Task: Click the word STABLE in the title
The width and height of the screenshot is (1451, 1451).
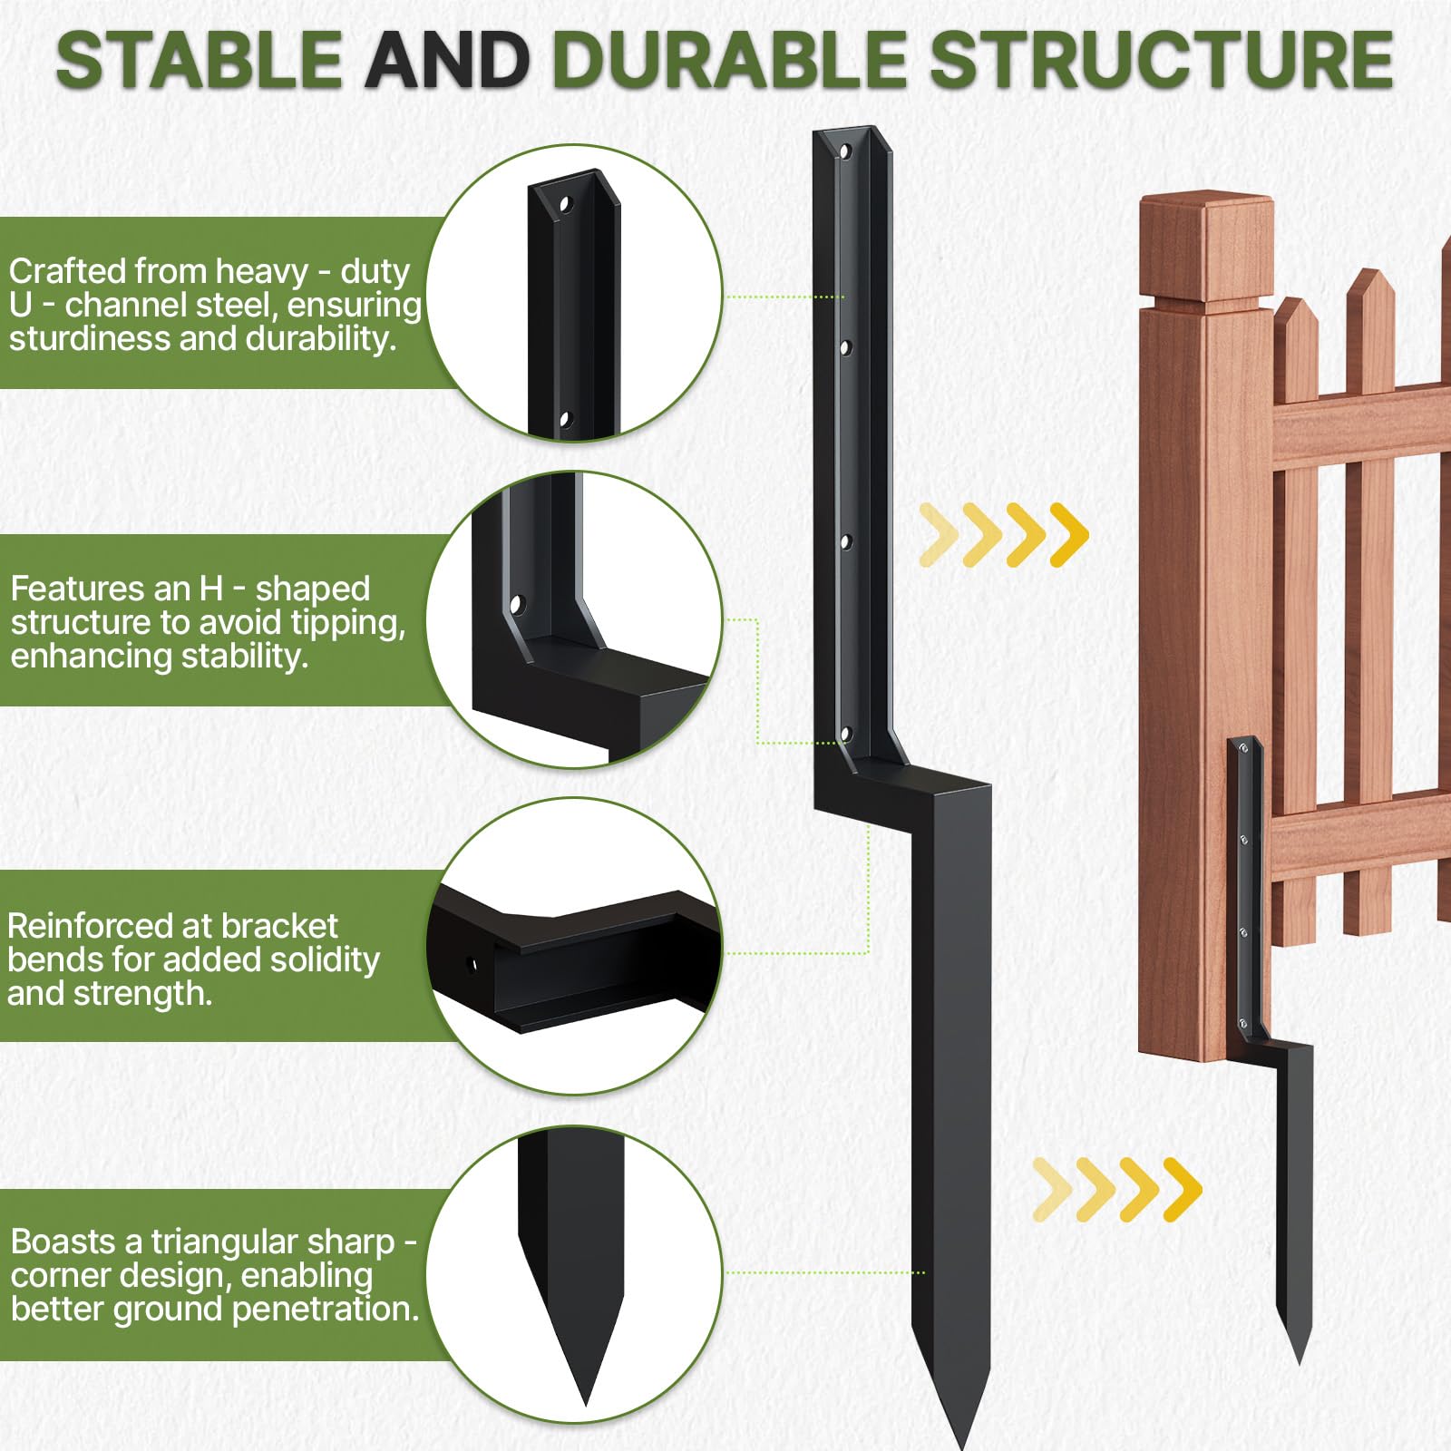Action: pyautogui.click(x=199, y=61)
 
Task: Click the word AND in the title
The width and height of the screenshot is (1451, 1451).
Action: pyautogui.click(x=447, y=61)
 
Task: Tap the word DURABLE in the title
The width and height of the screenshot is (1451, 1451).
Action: pyautogui.click(x=730, y=61)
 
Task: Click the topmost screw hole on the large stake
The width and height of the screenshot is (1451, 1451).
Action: pyautogui.click(x=845, y=151)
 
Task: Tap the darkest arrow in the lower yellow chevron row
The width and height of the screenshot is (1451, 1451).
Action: pyautogui.click(x=1182, y=1189)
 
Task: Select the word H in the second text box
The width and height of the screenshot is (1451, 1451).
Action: pyautogui.click(x=210, y=589)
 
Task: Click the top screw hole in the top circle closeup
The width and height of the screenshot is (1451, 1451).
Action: pyautogui.click(x=565, y=204)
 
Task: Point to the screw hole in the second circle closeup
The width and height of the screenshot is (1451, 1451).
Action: pyautogui.click(x=517, y=603)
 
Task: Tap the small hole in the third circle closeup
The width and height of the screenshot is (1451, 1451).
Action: pyautogui.click(x=471, y=964)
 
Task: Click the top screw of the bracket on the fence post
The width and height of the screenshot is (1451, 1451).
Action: pyautogui.click(x=1243, y=749)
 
